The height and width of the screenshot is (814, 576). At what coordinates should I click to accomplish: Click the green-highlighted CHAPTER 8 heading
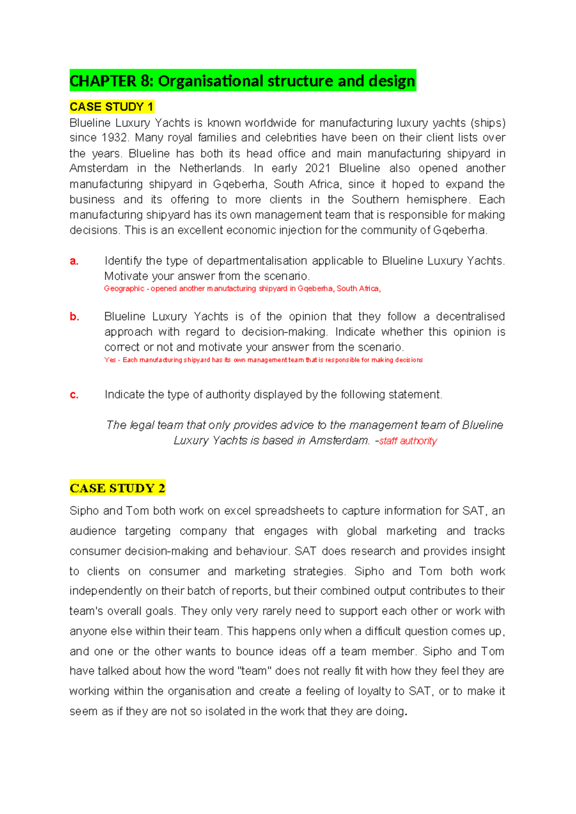click(242, 81)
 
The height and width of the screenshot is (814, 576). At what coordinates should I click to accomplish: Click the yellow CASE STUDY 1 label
click(111, 107)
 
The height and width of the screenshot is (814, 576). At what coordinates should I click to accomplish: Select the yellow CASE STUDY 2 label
click(117, 488)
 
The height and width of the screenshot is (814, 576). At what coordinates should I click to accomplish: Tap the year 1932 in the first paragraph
click(114, 138)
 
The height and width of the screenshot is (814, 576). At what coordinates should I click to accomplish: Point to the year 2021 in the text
click(317, 168)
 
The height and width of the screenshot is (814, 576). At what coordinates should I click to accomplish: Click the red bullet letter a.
click(74, 261)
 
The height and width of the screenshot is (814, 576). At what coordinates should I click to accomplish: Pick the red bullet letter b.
click(74, 317)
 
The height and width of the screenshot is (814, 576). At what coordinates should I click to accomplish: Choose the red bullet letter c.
click(74, 395)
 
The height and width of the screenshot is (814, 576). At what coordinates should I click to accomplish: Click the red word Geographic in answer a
click(124, 288)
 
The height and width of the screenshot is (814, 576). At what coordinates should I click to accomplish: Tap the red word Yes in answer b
click(110, 360)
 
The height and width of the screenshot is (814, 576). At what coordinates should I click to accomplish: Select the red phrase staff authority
click(408, 441)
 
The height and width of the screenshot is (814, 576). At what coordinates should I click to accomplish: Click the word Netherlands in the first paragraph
click(211, 168)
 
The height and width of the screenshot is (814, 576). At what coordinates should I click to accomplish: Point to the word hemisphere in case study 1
click(436, 199)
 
